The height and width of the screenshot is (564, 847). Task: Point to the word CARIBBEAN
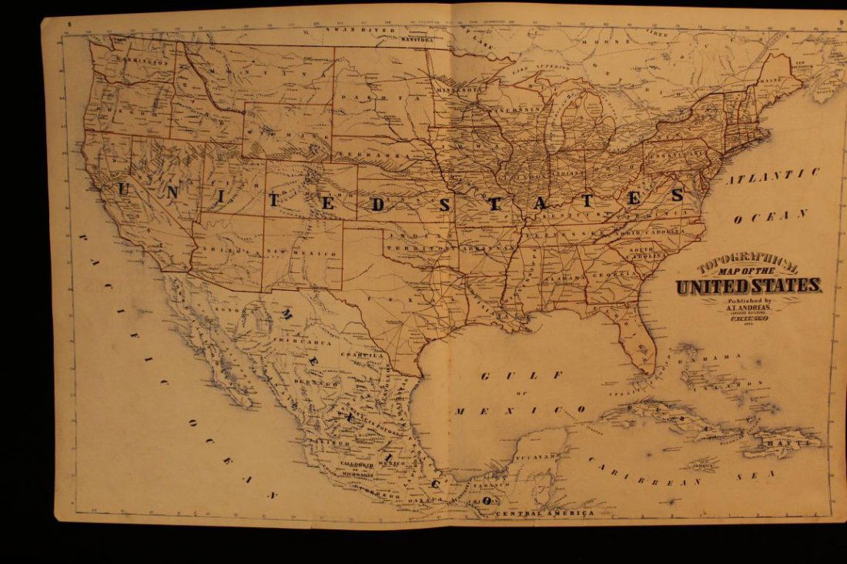tap(645, 472)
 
